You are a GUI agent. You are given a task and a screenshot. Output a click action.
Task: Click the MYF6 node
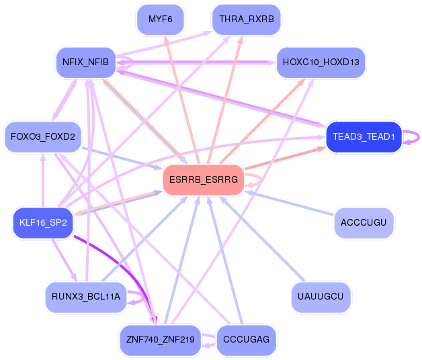pyautogui.click(x=160, y=19)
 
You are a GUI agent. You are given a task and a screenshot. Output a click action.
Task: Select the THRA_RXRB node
pyautogui.click(x=246, y=19)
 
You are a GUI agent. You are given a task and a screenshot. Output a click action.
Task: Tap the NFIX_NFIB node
pyautogui.click(x=85, y=62)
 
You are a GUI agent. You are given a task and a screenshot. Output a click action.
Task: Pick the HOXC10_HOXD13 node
pyautogui.click(x=321, y=62)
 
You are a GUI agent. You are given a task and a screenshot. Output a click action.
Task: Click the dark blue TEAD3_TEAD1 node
pyautogui.click(x=363, y=137)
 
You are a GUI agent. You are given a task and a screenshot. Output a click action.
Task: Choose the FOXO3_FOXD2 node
pyautogui.click(x=43, y=137)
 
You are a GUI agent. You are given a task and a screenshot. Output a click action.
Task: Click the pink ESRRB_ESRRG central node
pyautogui.click(x=203, y=179)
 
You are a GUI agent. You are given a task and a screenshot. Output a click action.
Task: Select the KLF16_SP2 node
pyautogui.click(x=43, y=222)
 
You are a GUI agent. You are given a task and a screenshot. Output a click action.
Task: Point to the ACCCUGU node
pyautogui.click(x=364, y=222)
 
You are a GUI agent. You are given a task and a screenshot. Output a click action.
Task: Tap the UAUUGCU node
pyautogui.click(x=321, y=296)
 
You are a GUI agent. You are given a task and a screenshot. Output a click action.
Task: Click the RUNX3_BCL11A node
pyautogui.click(x=85, y=296)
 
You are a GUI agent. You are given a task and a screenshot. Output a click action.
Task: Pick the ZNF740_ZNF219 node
pyautogui.click(x=159, y=340)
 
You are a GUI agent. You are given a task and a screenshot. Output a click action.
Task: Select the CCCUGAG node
pyautogui.click(x=246, y=340)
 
